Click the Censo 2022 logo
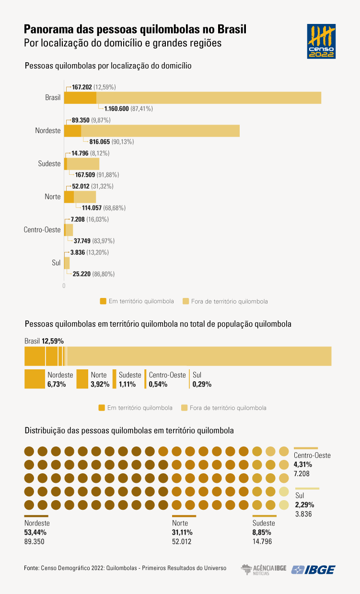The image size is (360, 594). point(321,42)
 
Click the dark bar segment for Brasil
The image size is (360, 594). point(80,97)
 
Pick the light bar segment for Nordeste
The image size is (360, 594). point(160,130)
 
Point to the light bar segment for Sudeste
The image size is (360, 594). point(83,163)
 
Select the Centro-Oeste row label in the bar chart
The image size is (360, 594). point(42,229)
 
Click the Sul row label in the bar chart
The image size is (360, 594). point(56,263)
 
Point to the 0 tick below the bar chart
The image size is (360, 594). point(64,286)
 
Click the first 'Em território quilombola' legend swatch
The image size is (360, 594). point(103,301)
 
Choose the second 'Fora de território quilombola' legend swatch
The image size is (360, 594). point(184,408)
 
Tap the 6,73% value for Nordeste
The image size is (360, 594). point(57,384)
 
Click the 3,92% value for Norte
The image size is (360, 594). point(100,384)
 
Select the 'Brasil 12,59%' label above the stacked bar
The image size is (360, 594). point(44,341)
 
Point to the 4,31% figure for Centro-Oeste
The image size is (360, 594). point(303,464)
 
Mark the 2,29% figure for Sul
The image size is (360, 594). point(304,504)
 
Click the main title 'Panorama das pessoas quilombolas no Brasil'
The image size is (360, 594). point(135,30)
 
